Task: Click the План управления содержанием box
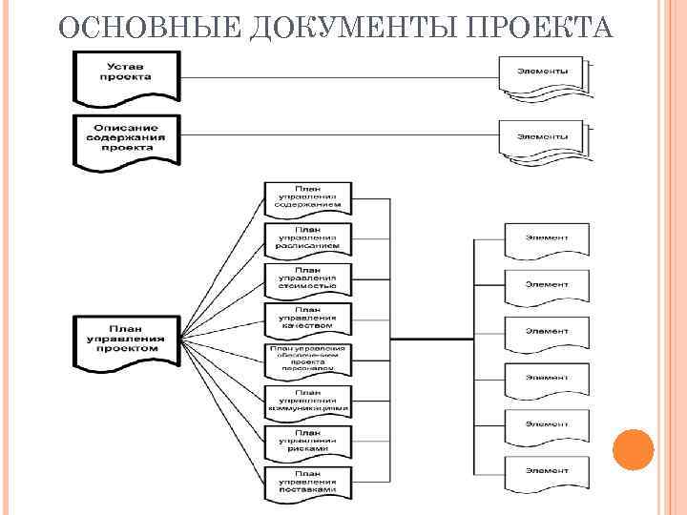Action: [308, 198]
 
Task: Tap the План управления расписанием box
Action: [308, 238]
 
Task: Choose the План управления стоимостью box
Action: [308, 279]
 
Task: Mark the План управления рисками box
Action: [308, 441]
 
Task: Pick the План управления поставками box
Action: [308, 482]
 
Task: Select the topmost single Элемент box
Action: [546, 238]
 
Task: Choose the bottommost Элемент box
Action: [546, 472]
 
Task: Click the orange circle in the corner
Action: [633, 449]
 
